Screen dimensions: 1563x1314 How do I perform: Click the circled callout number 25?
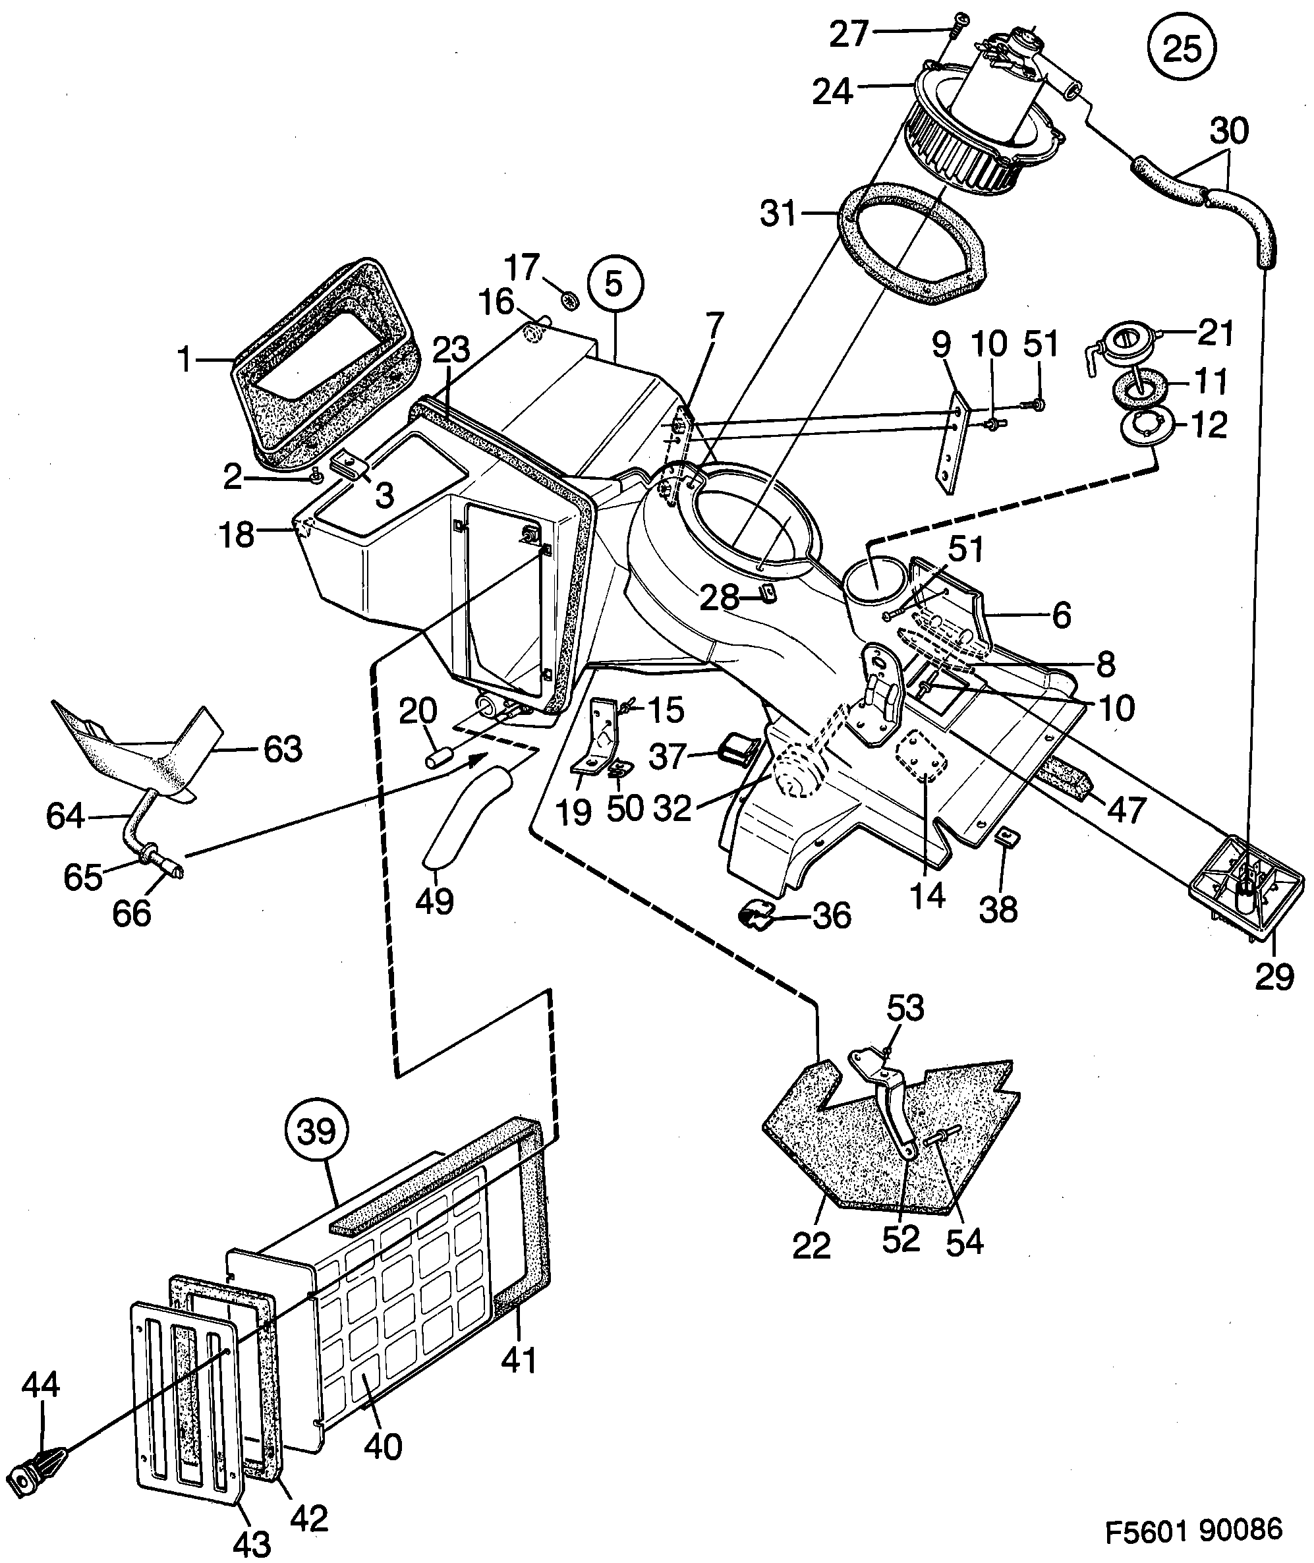(1182, 49)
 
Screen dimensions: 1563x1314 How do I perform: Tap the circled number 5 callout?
(614, 285)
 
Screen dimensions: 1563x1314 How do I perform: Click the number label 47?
(1125, 810)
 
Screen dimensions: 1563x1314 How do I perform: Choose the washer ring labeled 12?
(1145, 427)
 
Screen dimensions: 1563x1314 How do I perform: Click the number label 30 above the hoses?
(1229, 132)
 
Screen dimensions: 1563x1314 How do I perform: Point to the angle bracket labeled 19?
(598, 737)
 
